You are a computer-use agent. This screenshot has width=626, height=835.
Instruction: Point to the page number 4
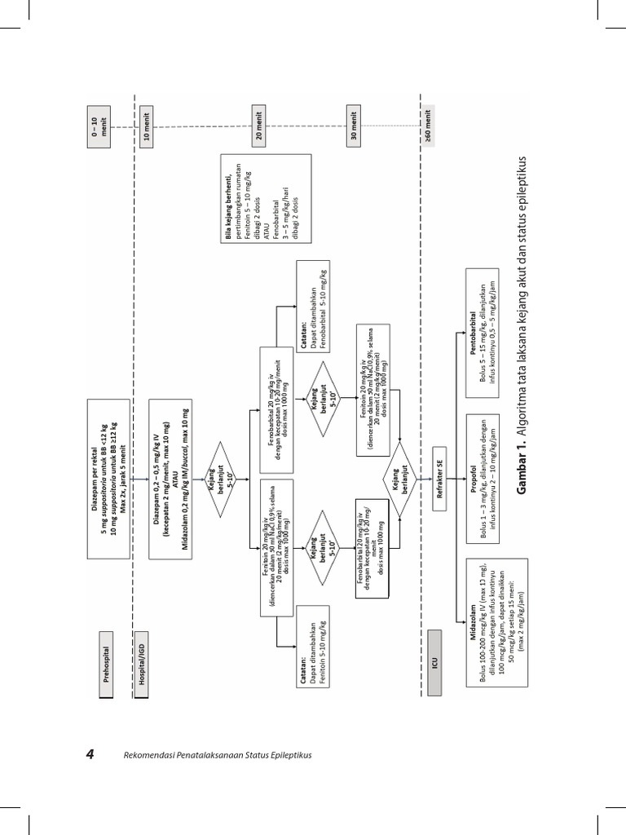(91, 754)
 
